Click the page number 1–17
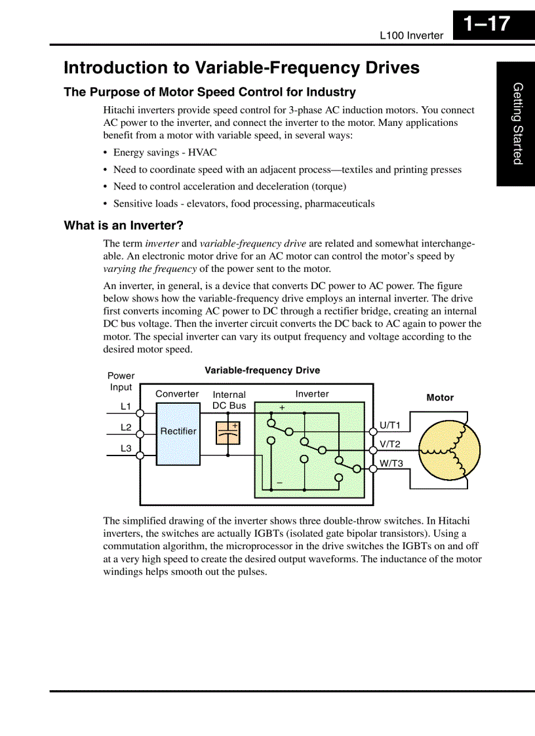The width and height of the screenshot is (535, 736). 486,24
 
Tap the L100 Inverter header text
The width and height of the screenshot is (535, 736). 411,35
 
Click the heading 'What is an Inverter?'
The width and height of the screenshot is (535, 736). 123,225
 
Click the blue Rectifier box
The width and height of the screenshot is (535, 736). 178,433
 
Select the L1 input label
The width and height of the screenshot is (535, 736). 126,406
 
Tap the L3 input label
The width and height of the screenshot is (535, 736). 126,448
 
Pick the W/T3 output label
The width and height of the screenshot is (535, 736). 391,463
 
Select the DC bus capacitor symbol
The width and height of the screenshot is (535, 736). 228,433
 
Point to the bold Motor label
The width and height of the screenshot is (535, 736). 440,398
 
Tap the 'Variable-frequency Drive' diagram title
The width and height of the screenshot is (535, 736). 262,370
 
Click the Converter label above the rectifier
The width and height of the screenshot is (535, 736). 177,394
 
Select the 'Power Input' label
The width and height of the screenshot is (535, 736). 121,381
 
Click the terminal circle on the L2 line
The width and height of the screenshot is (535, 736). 140,433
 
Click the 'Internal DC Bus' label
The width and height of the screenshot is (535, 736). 229,400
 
